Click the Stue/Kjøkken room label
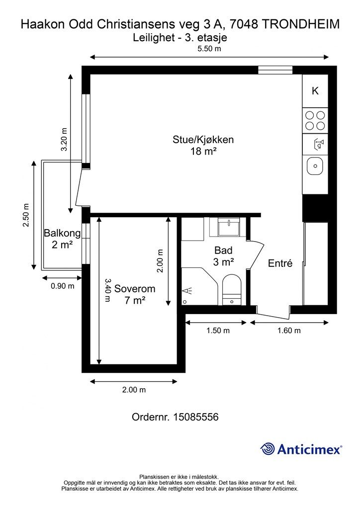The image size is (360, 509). tap(203, 140)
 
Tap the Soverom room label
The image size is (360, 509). tap(135, 289)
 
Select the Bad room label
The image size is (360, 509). tap(223, 251)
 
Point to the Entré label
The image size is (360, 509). tap(280, 263)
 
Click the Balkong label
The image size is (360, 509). tap(62, 233)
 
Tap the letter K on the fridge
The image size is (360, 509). tap(315, 91)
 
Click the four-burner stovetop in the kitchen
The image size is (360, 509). tap(315, 120)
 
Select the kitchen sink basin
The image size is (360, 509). tap(315, 166)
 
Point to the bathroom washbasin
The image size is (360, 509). tap(229, 227)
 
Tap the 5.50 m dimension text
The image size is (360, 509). tap(209, 49)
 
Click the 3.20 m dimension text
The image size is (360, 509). tap(64, 139)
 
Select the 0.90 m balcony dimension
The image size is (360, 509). tap(62, 286)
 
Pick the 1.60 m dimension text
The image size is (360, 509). tap(289, 331)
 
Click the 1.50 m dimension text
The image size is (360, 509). tap(218, 331)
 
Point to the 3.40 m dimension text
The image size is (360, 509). tap(108, 290)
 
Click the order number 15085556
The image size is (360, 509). tap(196, 417)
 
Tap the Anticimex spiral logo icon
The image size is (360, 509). tap(268, 449)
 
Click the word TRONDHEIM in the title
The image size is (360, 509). tap(300, 24)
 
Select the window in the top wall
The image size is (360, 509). tap(275, 70)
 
